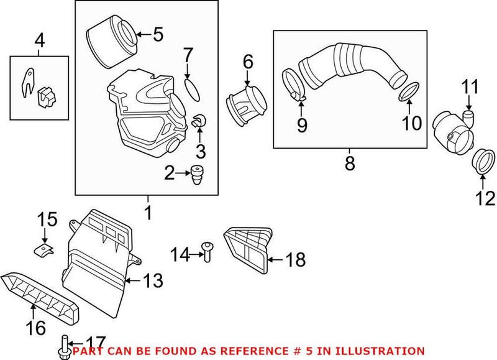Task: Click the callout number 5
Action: click(158, 34)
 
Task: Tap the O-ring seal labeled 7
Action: click(193, 88)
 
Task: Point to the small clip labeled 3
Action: click(199, 122)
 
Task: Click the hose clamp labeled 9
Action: click(294, 86)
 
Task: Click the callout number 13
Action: click(153, 281)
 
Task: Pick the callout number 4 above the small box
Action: click(39, 42)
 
